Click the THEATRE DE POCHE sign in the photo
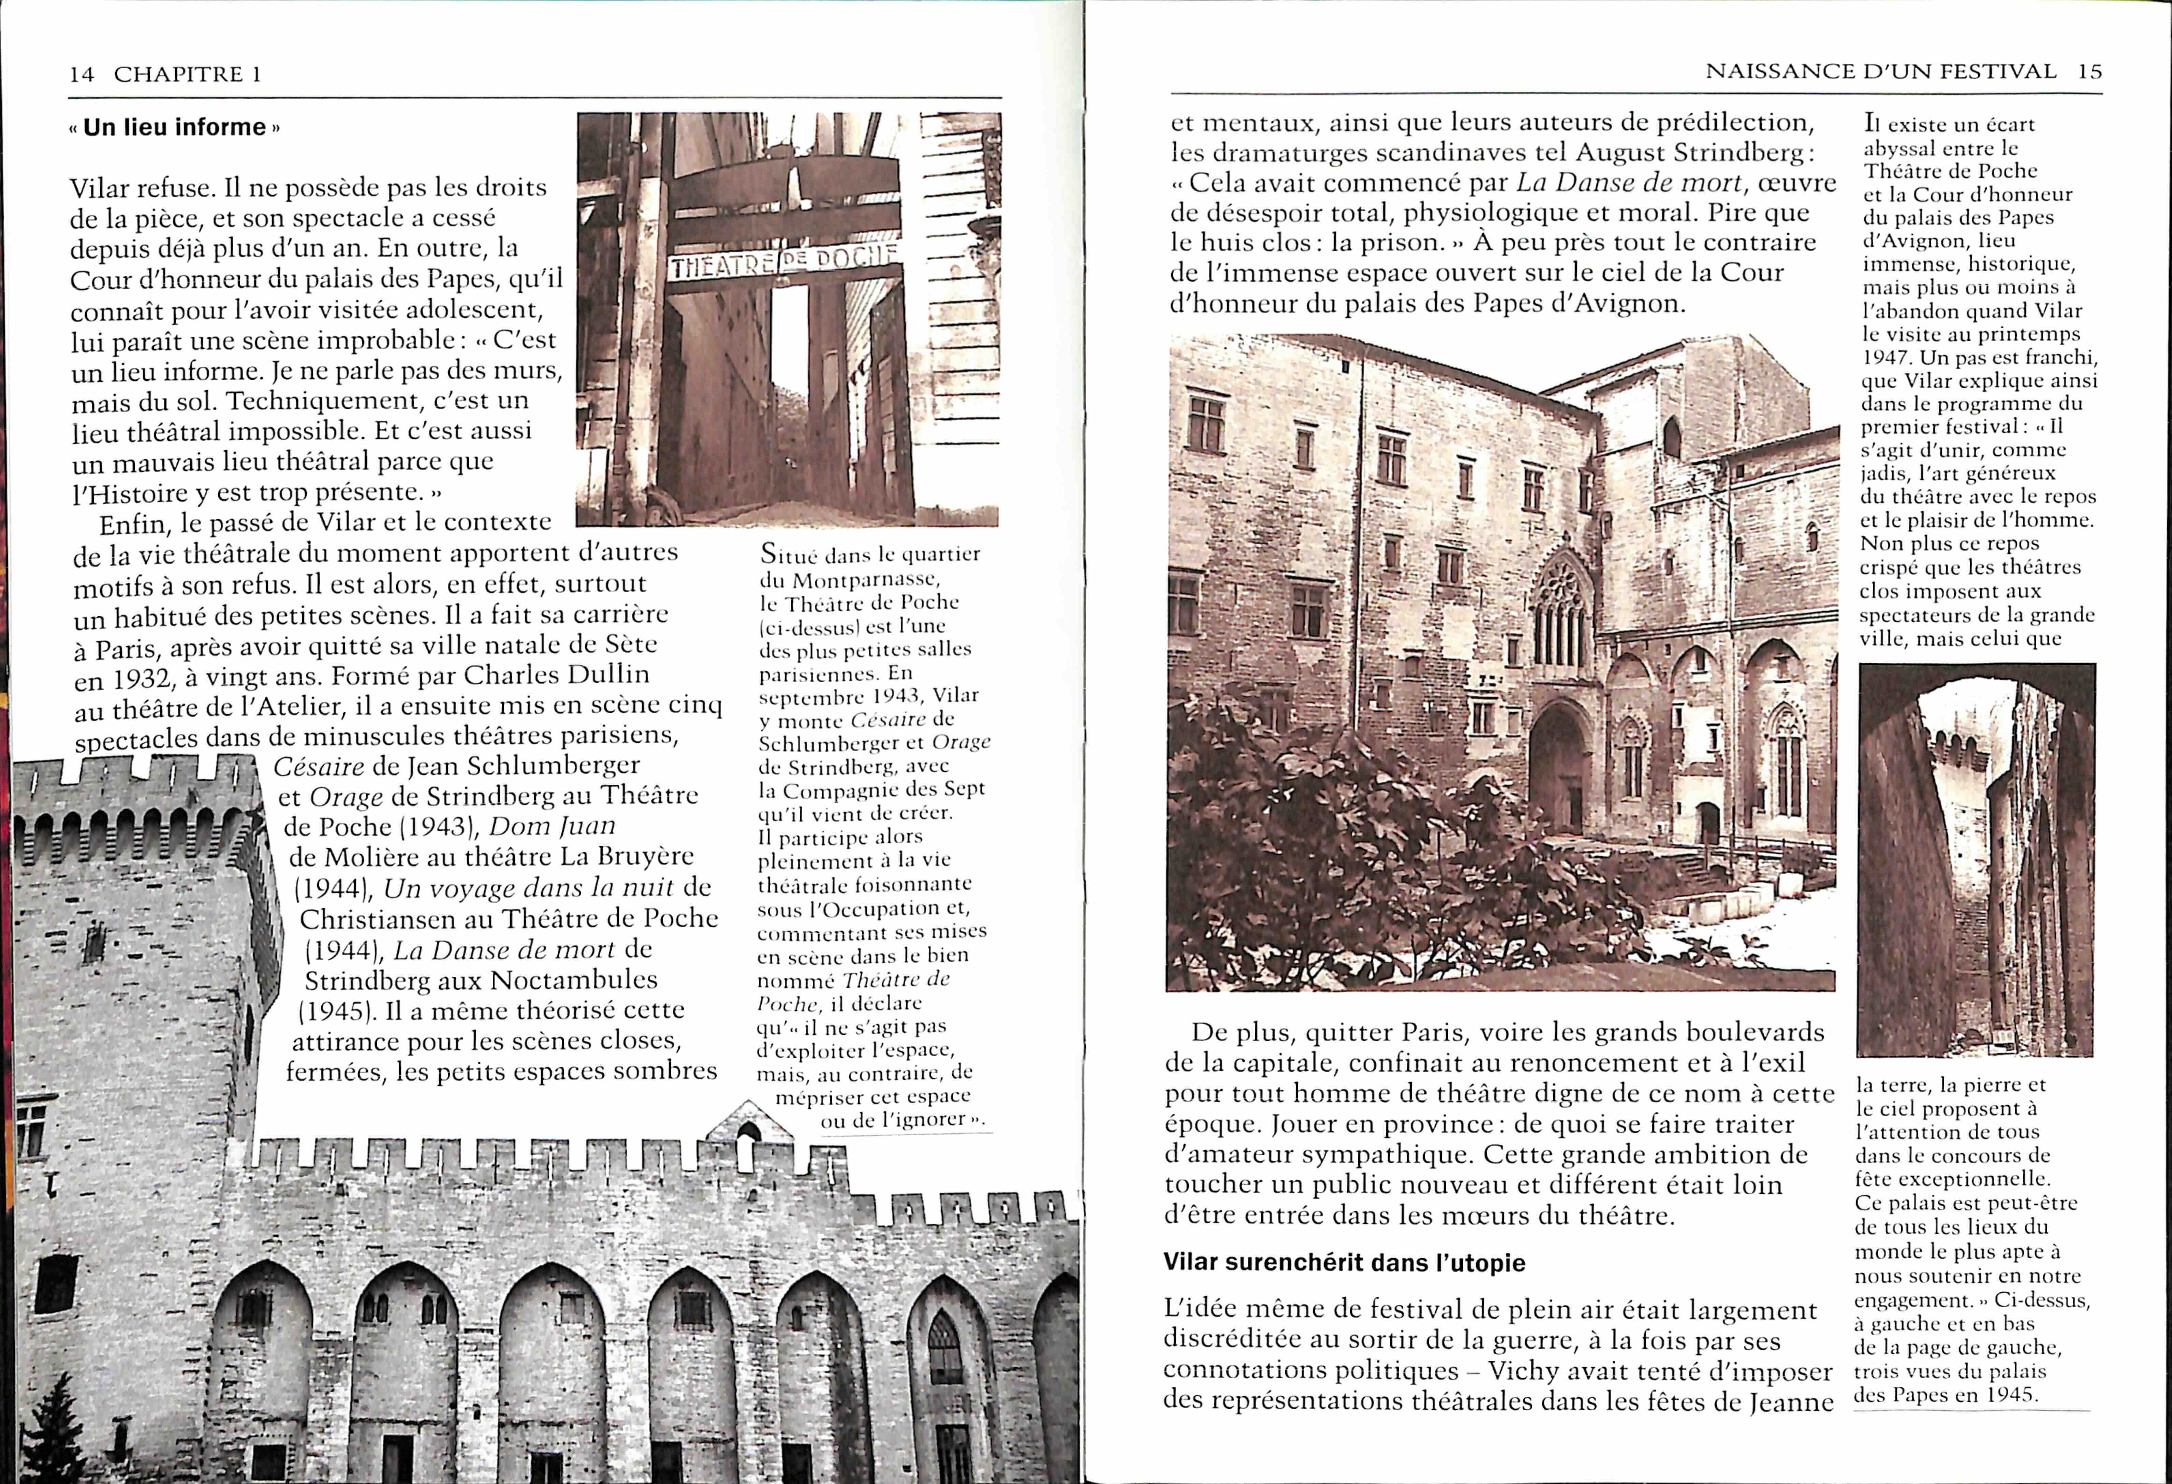click(x=783, y=262)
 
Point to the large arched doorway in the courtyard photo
click(x=1559, y=766)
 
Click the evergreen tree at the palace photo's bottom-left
click(x=56, y=1430)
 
